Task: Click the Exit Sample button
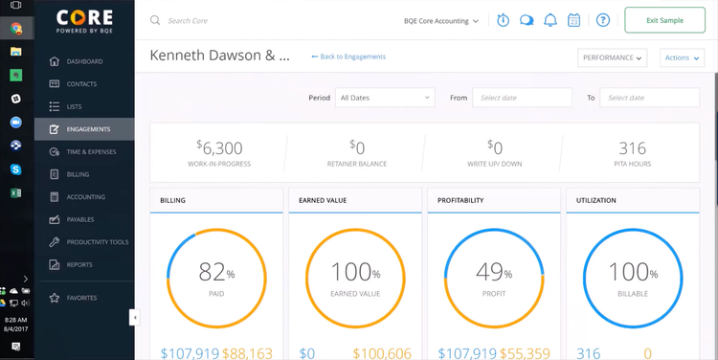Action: [664, 20]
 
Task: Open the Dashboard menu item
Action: [84, 61]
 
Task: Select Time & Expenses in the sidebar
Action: [91, 151]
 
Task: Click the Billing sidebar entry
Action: [78, 174]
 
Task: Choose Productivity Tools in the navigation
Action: [97, 242]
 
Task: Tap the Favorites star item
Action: [81, 298]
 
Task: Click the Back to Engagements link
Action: [348, 56]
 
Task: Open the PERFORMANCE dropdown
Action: [613, 57]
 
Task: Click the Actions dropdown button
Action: [683, 57]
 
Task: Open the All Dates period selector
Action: [384, 98]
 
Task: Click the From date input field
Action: [522, 98]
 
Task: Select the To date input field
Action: [649, 98]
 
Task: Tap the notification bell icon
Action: [550, 20]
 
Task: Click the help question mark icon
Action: [602, 20]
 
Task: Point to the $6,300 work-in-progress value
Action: [219, 147]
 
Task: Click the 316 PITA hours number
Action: [632, 147]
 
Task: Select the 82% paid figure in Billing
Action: [215, 273]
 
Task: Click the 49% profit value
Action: [493, 273]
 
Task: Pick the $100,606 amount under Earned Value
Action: [384, 353]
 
